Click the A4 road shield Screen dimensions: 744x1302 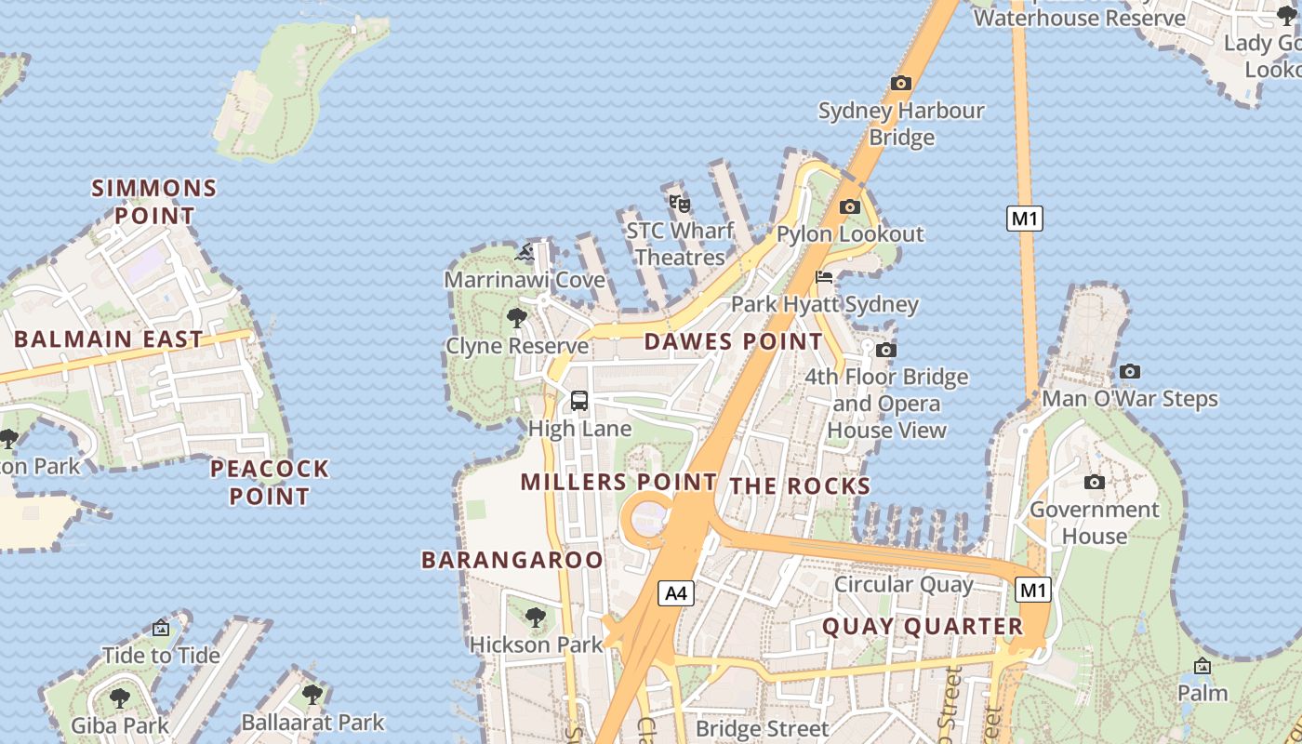[676, 592]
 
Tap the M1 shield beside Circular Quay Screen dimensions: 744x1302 [1033, 590]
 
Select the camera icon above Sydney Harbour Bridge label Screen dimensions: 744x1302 [900, 83]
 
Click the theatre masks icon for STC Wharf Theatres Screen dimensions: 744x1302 [680, 203]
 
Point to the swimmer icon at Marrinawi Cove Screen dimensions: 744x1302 [525, 251]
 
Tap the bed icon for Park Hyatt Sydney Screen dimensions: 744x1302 [824, 276]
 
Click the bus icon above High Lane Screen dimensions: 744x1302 [579, 401]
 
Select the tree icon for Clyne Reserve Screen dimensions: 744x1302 [517, 318]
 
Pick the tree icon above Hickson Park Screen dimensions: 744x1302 [535, 617]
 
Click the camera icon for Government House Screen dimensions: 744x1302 [1095, 482]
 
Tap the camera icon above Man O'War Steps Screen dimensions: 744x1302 [1130, 371]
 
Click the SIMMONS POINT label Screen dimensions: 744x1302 [154, 202]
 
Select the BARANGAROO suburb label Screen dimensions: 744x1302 [512, 560]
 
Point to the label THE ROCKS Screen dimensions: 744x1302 [800, 485]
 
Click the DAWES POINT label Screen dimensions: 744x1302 [734, 341]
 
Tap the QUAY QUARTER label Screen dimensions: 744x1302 [923, 626]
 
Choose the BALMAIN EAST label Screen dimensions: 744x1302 [109, 339]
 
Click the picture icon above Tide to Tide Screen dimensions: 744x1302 [161, 628]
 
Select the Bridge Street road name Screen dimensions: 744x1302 [762, 728]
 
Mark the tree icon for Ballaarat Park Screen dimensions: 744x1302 [312, 694]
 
